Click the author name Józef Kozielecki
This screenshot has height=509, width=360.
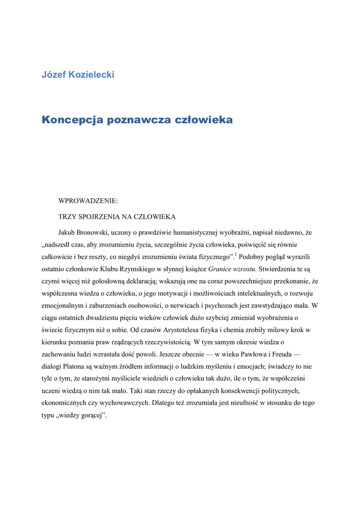coord(78,75)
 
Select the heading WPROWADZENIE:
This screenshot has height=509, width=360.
coord(88,201)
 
